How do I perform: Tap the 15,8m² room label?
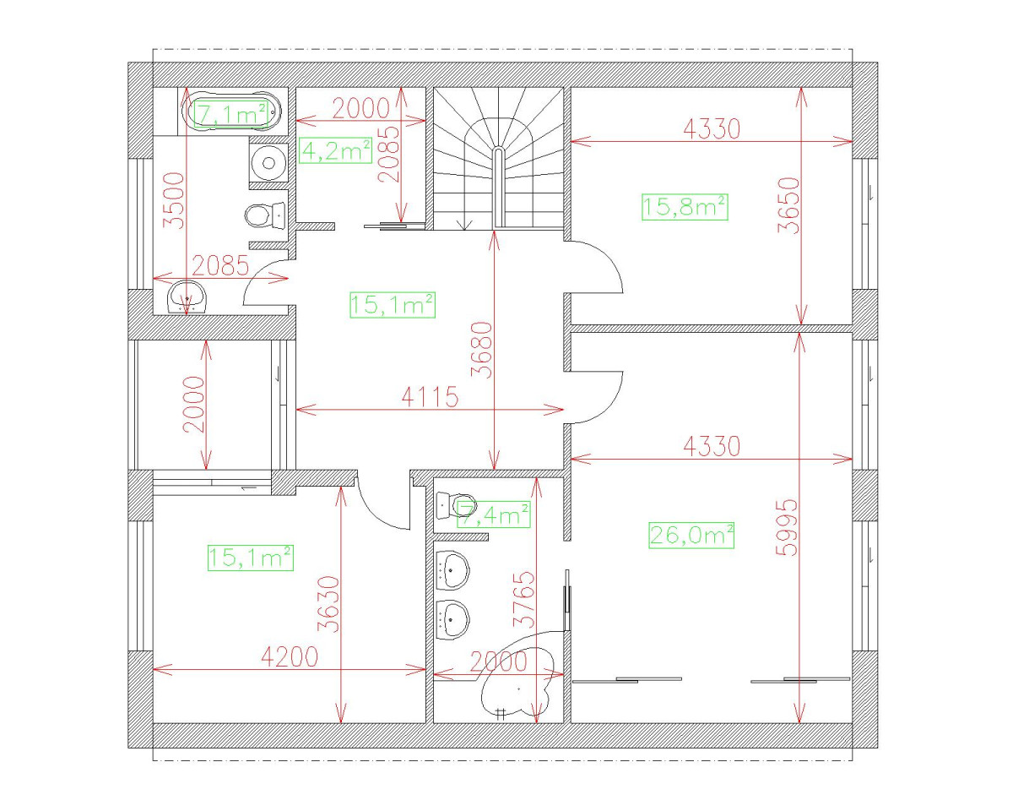685,205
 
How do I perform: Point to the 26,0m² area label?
691,535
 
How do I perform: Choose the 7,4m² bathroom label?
494,514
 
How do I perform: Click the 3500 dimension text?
173,200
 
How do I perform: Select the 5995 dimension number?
786,528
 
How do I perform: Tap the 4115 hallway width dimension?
429,397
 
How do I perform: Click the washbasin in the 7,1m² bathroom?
187,297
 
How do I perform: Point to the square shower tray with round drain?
269,161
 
